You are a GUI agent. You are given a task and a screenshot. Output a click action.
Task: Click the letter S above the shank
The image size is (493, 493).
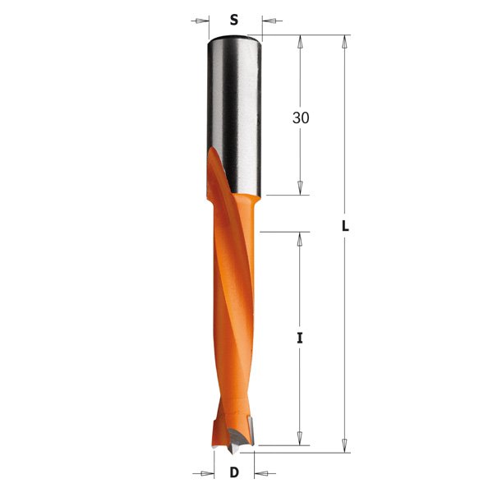coord(234,19)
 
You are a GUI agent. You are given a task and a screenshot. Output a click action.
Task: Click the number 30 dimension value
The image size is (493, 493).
coord(301,117)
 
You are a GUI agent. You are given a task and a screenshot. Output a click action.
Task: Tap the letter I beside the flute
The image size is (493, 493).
coord(300,337)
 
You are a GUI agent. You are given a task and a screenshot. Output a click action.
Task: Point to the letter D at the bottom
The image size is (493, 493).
coord(235,472)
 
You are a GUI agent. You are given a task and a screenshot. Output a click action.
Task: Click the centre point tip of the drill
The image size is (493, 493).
coord(232,449)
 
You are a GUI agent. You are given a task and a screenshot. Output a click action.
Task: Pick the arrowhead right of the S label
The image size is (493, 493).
coord(268,19)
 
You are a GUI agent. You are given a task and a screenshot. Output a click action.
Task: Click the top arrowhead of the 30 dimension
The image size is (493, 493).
coord(301,40)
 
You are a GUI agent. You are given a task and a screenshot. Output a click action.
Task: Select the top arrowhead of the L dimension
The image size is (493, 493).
coord(345,40)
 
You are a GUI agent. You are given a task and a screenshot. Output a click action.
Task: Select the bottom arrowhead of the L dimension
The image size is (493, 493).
coord(345,445)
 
